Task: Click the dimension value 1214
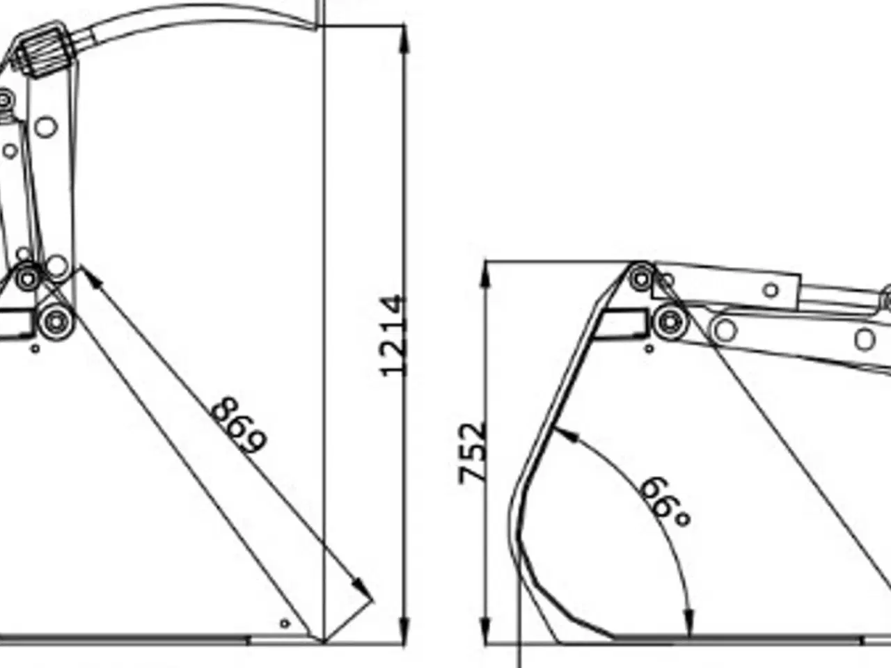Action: (393, 335)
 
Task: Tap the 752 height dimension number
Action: (473, 452)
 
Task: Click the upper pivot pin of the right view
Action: (641, 280)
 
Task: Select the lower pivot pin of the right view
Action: (669, 321)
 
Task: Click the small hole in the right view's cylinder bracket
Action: (771, 290)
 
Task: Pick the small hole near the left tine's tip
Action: (284, 623)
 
